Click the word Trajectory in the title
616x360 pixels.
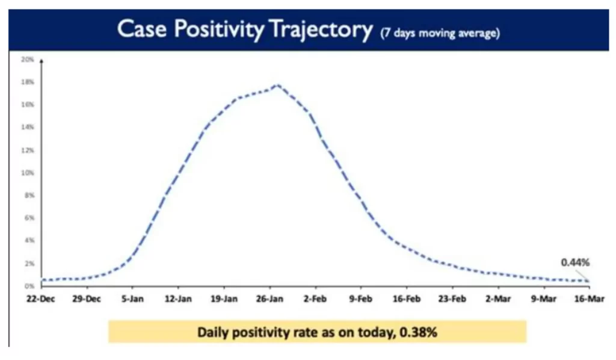pos(320,29)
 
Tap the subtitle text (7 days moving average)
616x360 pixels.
pos(440,33)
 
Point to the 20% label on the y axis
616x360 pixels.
pos(27,59)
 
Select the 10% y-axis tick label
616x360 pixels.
pos(27,173)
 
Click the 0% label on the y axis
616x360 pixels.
pos(28,286)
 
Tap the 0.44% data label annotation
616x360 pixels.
pos(574,262)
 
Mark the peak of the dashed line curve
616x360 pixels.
pos(277,85)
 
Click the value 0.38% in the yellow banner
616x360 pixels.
pos(417,332)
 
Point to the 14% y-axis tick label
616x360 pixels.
pos(27,127)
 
